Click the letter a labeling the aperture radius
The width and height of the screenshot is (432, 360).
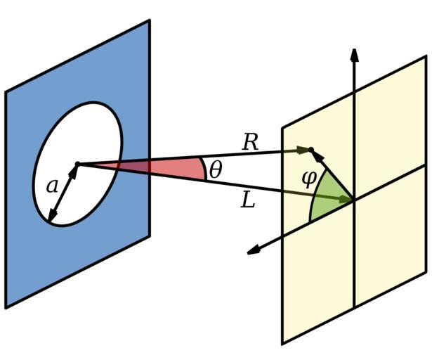coord(51,186)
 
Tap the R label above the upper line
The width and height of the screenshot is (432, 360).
coord(251,142)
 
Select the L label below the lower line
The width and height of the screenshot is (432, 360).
coord(247,201)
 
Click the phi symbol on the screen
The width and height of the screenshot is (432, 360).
coord(308,177)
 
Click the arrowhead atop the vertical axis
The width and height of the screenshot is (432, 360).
coord(355,55)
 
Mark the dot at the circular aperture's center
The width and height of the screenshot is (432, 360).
coord(77,164)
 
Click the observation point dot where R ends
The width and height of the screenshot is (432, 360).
coord(309,149)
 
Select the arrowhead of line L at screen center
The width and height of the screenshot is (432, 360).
coord(346,200)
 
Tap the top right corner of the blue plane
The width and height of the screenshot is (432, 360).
coord(149,21)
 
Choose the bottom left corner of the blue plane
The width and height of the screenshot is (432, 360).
coord(6,307)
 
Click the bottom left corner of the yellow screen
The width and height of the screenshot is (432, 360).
coord(282,343)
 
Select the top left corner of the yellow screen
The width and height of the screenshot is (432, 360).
coord(282,128)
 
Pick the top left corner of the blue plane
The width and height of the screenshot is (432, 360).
coord(6,92)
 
